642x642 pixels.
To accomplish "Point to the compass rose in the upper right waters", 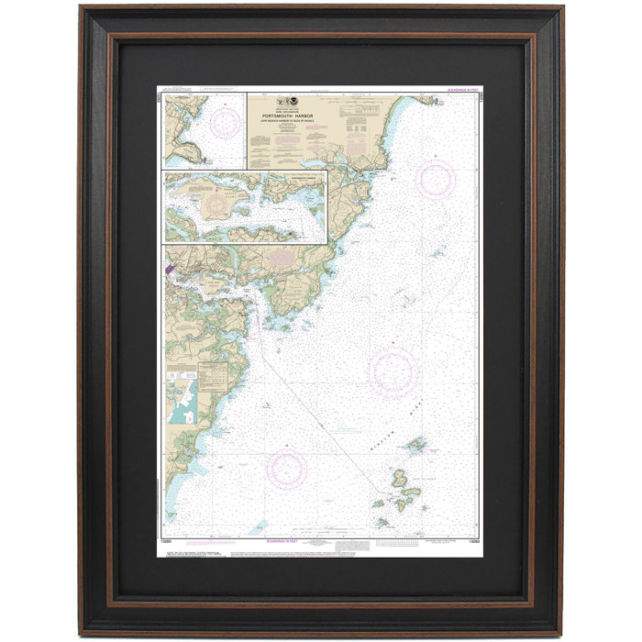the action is click(435, 179).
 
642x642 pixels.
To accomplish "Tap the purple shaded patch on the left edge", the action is click(169, 271).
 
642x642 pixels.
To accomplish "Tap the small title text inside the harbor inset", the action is click(302, 175).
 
